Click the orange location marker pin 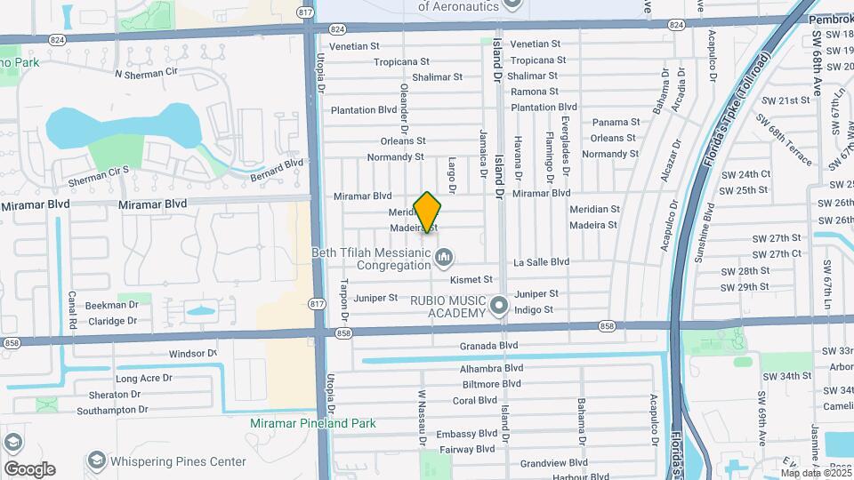428,212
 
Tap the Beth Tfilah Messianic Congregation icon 446,258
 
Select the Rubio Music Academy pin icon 499,307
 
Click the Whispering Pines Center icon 96,461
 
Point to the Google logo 29,469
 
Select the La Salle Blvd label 542,262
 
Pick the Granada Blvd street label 488,345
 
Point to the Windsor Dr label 193,354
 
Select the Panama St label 616,122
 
